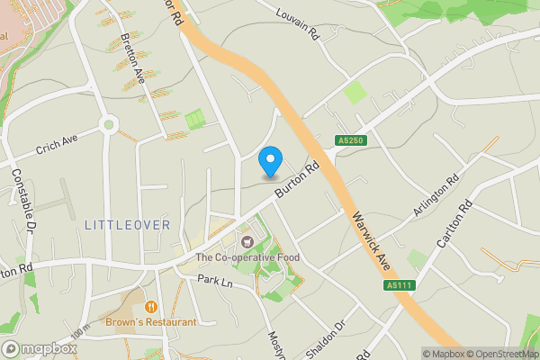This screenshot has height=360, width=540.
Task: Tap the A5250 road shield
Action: pos(351,141)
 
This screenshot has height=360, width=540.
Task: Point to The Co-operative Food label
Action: pos(247,258)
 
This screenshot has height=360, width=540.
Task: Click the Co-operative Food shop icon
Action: pos(247,241)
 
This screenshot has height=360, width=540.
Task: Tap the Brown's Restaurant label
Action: pos(150,322)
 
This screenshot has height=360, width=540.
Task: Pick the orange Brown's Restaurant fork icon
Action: pos(150,307)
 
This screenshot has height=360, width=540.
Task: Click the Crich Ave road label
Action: pos(58,145)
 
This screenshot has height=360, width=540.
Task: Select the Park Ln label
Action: pos(215,282)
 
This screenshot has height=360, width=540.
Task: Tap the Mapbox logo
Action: pos(39,348)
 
